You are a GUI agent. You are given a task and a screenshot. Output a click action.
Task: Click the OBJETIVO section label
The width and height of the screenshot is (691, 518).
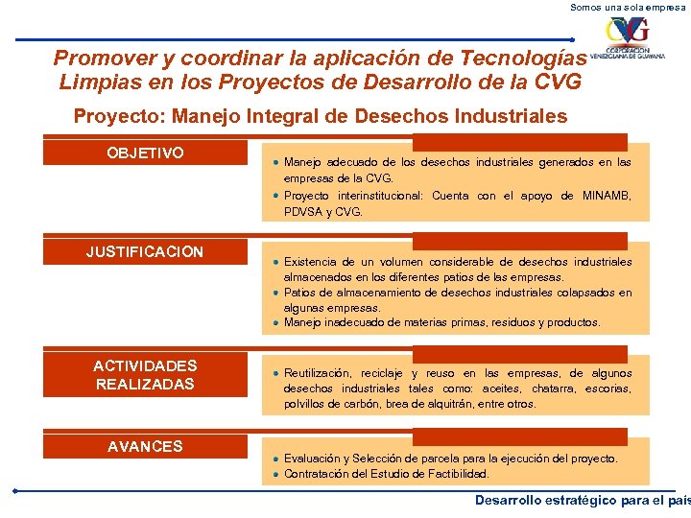click(x=146, y=153)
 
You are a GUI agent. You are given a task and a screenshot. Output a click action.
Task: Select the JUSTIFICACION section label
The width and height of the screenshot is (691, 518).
click(x=145, y=252)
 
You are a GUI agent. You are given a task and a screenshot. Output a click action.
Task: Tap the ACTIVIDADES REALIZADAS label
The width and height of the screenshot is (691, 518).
click(x=145, y=375)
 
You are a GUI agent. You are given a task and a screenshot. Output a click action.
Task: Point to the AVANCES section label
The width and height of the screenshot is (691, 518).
click(x=145, y=447)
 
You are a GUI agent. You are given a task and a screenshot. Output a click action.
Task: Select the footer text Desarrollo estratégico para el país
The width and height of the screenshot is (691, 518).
click(x=582, y=500)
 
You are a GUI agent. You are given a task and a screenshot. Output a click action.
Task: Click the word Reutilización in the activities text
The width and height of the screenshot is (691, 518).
click(x=318, y=373)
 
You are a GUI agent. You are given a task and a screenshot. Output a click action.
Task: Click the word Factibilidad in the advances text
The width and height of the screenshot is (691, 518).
click(x=455, y=474)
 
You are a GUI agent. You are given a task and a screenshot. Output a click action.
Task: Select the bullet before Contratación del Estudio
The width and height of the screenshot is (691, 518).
click(x=275, y=474)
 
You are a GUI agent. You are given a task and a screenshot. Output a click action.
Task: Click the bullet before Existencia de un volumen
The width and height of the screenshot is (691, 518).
click(x=275, y=262)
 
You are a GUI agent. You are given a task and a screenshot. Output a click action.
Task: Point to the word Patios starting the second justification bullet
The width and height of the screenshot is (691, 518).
click(x=300, y=293)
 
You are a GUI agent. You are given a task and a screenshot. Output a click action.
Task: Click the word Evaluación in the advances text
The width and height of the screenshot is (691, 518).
click(x=315, y=459)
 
